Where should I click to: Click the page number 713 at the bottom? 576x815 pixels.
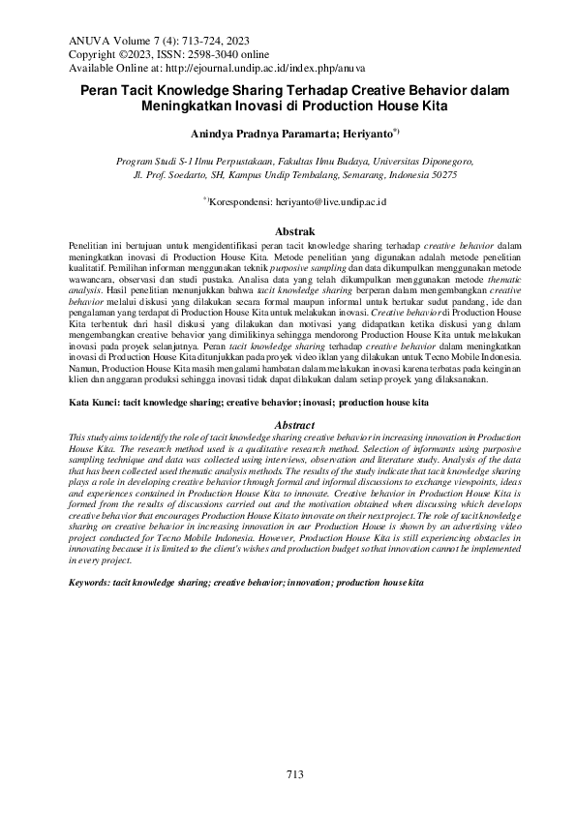(x=295, y=773)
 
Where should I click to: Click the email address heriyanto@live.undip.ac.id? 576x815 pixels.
(x=328, y=200)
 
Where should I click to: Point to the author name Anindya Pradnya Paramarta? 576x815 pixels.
(x=263, y=133)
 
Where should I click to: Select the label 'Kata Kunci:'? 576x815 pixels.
(x=94, y=401)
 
